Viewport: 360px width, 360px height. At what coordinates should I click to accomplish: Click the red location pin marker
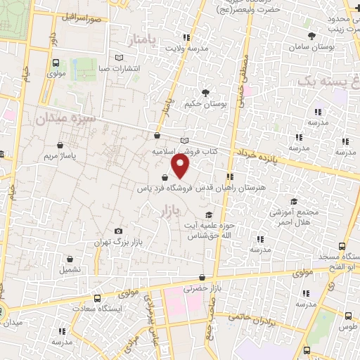(181, 167)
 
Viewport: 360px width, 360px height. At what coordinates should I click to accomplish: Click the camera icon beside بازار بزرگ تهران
(118, 231)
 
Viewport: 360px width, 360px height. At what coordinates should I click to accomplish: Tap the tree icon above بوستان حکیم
(205, 92)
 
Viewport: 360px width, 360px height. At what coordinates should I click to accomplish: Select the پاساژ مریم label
(58, 154)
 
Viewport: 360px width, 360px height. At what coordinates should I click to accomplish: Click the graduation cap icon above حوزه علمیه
(207, 214)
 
